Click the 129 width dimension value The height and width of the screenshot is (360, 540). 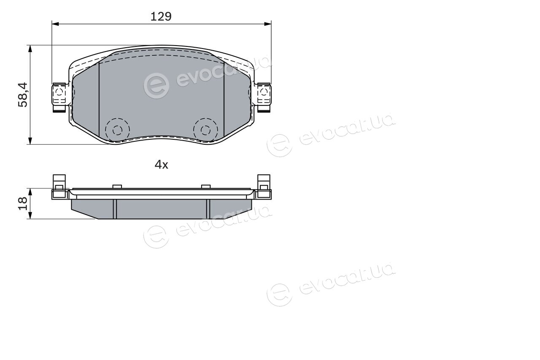click(161, 16)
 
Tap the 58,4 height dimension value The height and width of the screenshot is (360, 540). click(23, 95)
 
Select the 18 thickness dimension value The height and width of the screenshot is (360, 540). click(23, 204)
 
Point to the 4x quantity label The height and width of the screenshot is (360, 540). click(161, 165)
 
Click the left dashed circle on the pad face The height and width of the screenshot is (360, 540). click(117, 130)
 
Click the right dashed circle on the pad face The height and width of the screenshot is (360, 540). click(205, 130)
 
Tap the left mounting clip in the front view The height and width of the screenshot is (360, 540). click(59, 97)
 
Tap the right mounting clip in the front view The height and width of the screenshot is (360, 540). click(264, 97)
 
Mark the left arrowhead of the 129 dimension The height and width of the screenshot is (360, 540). click(55, 24)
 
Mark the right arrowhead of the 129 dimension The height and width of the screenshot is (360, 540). click(268, 24)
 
